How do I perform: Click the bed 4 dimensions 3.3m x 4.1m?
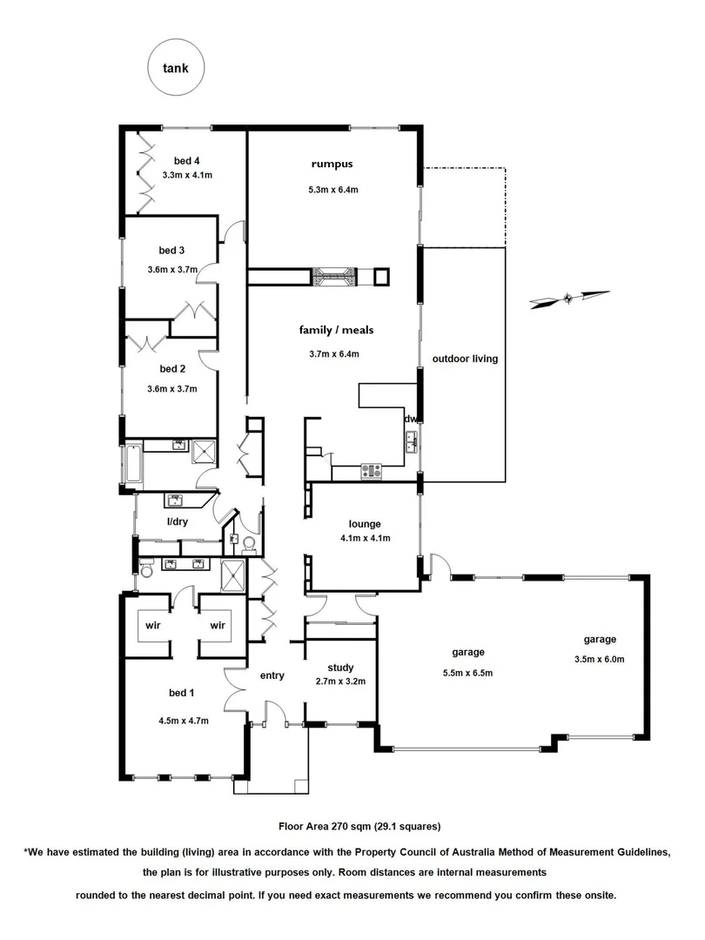pyautogui.click(x=187, y=175)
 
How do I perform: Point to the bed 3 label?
pyautogui.click(x=171, y=250)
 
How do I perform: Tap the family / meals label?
pyautogui.click(x=336, y=330)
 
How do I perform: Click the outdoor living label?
pyautogui.click(x=466, y=358)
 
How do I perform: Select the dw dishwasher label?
pyautogui.click(x=410, y=419)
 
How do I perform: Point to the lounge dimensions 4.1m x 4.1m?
pyautogui.click(x=366, y=538)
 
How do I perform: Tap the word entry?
pyautogui.click(x=272, y=675)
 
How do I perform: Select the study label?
pyautogui.click(x=340, y=668)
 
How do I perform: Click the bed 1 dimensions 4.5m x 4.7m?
pyautogui.click(x=183, y=720)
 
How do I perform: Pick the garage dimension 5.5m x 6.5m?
pyautogui.click(x=467, y=672)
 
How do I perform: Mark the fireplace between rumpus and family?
pyautogui.click(x=334, y=276)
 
